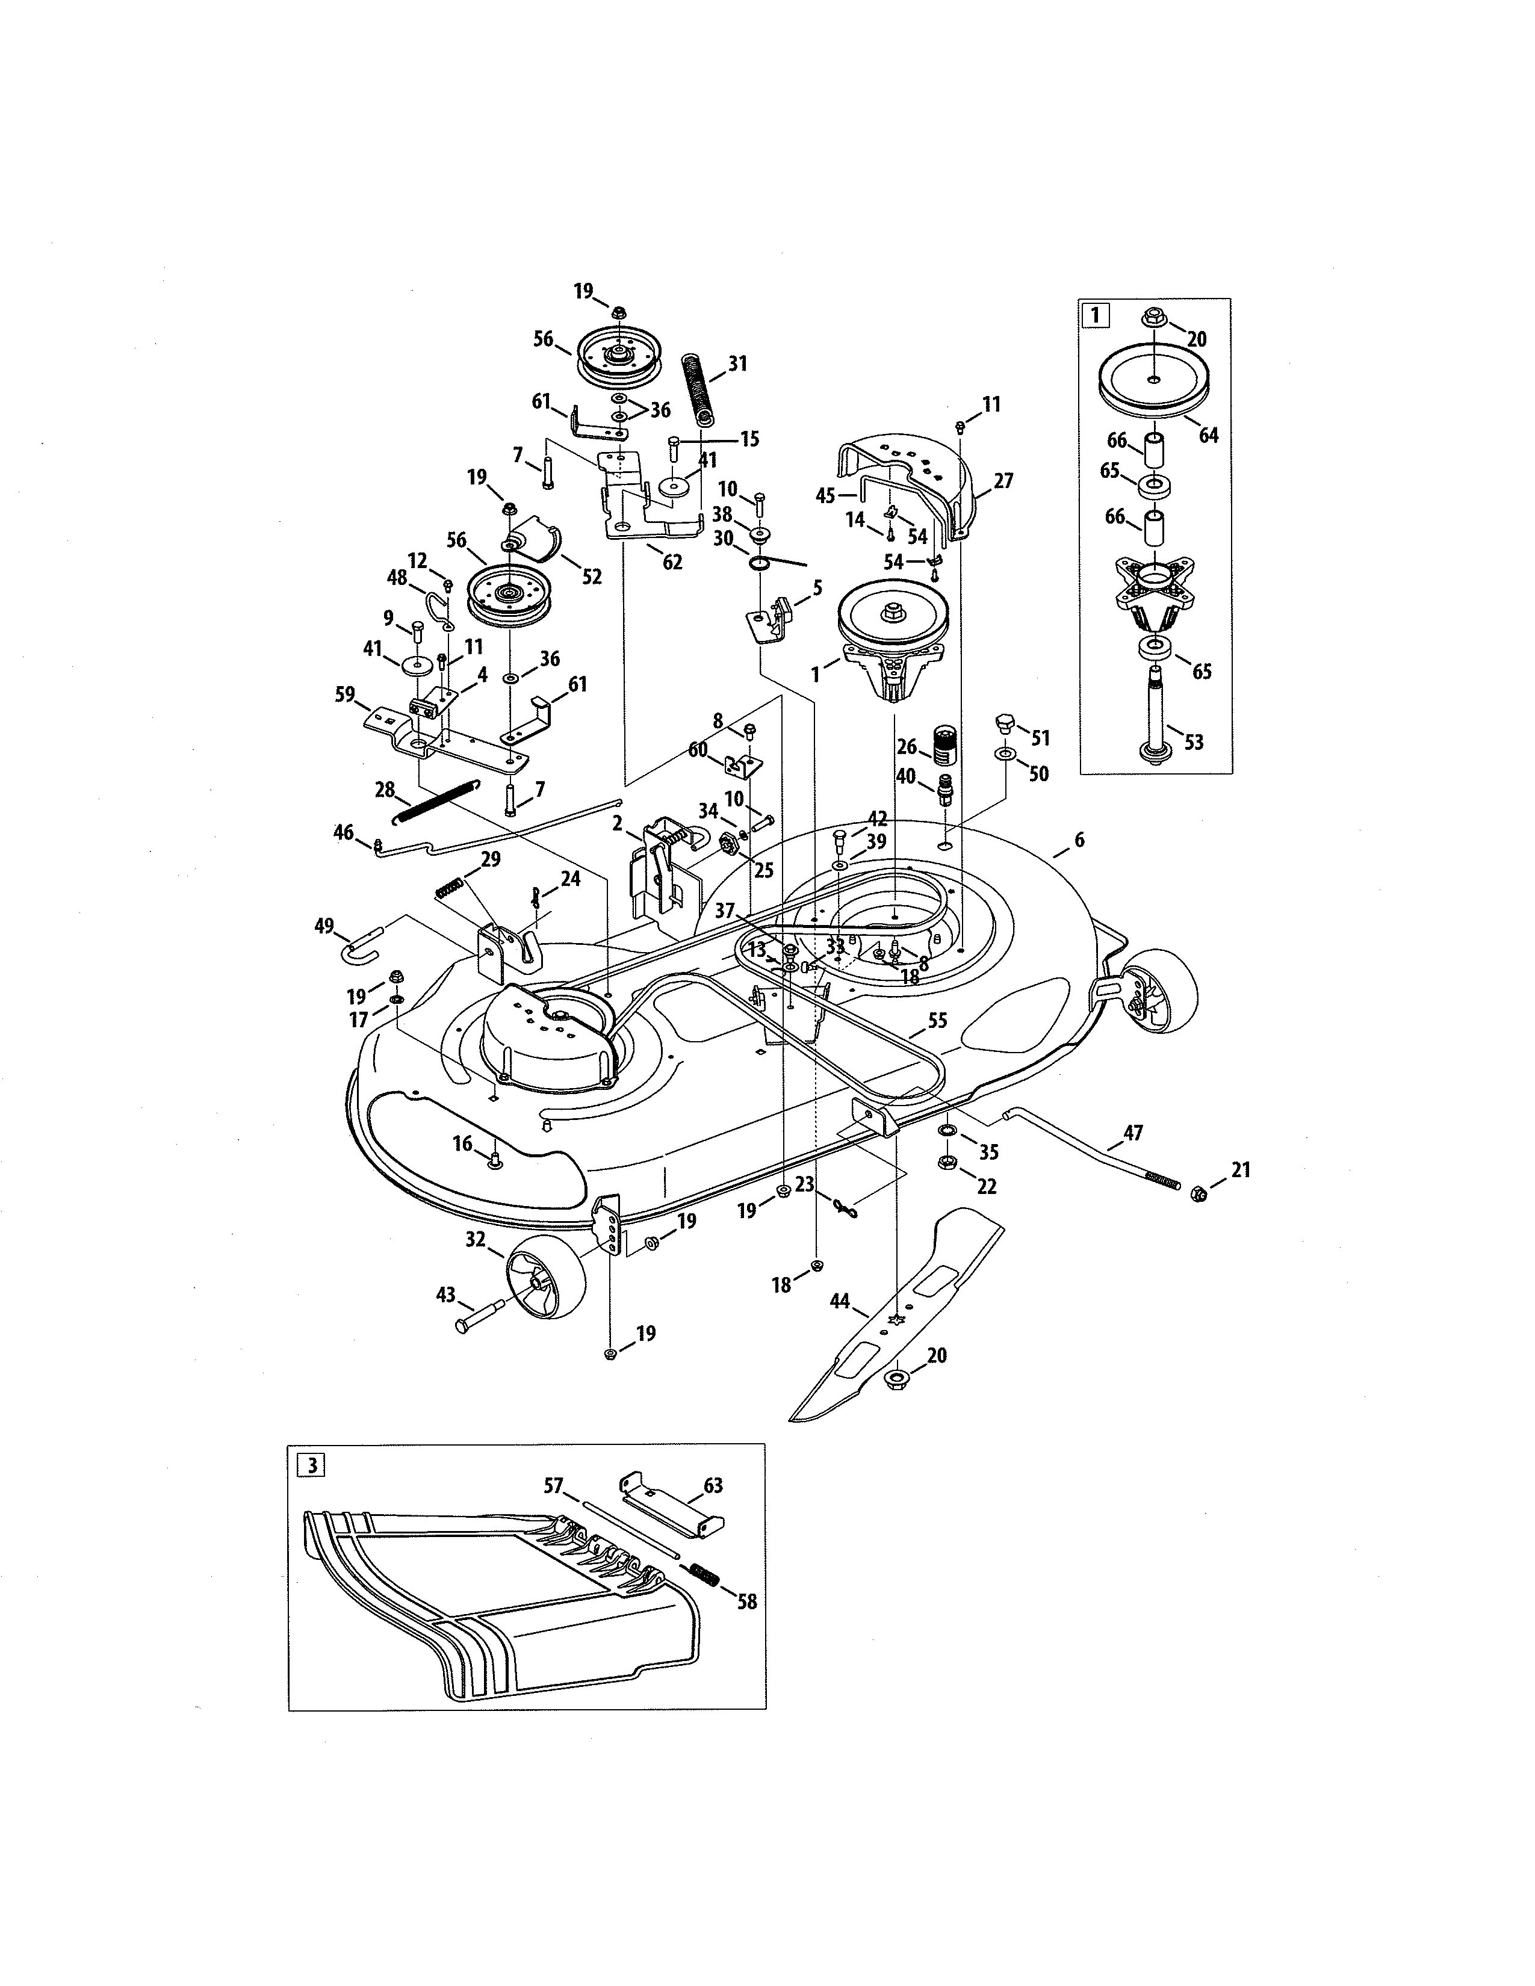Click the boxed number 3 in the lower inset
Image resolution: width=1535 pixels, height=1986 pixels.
(311, 1465)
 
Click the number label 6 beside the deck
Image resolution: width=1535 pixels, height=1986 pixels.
(1079, 840)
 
